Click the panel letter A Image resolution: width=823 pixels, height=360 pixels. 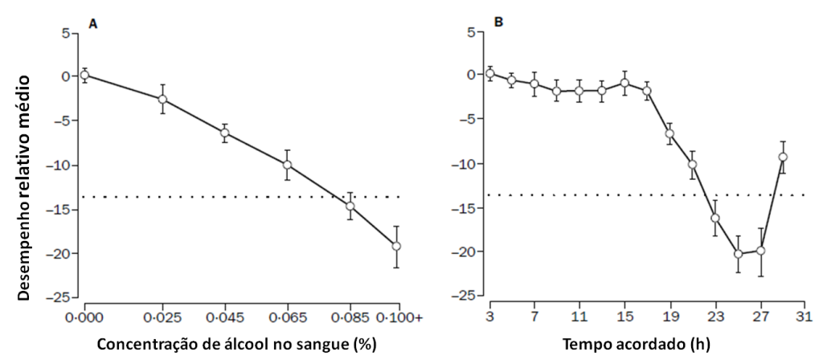93,24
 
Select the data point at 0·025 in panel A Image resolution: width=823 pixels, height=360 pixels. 162,100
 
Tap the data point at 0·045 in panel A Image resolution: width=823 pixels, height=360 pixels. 225,133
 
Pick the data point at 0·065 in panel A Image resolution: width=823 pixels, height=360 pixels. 287,165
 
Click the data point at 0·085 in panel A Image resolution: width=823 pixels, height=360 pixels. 350,206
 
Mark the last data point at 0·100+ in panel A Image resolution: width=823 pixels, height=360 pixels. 396,246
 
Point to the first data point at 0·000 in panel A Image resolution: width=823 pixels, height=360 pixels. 84,75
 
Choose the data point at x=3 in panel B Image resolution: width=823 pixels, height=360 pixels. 489,74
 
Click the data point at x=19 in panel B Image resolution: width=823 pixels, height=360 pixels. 669,133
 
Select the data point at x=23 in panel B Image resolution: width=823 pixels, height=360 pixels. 714,218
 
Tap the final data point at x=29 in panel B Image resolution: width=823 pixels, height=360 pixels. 782,157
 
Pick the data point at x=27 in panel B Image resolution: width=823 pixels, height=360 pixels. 760,251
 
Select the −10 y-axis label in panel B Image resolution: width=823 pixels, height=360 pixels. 465,164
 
